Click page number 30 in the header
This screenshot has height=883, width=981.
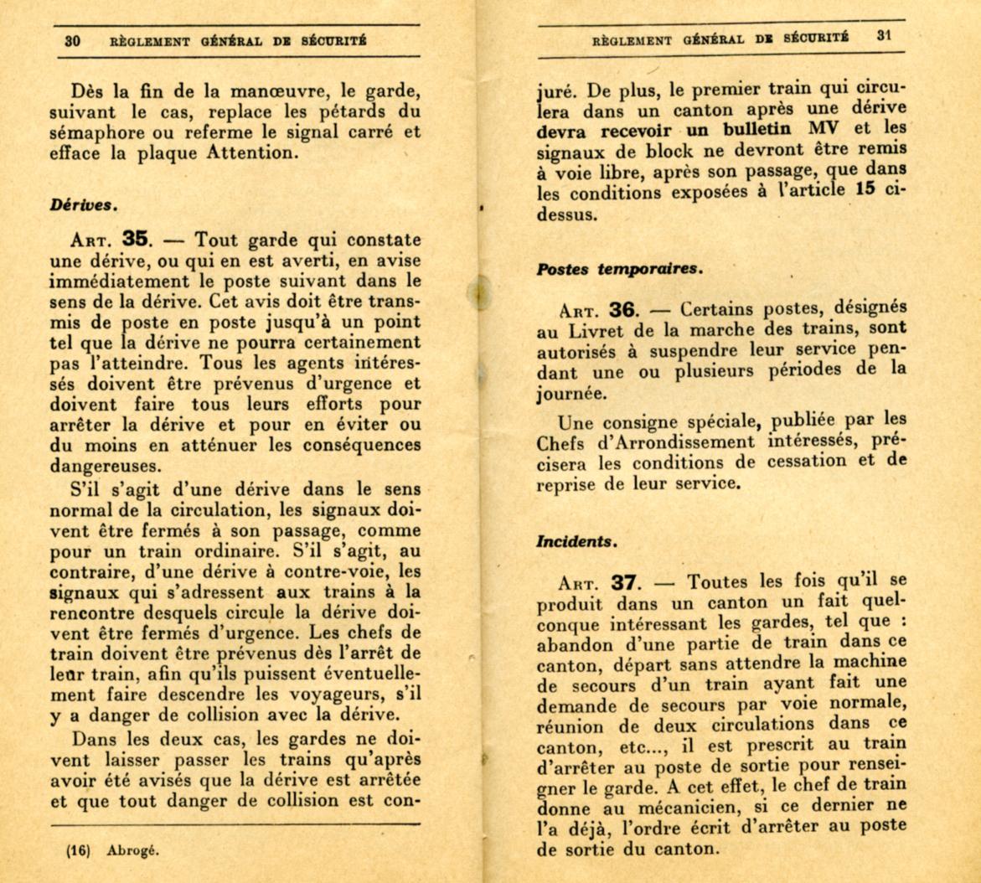point(72,41)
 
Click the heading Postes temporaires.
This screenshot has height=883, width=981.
point(618,269)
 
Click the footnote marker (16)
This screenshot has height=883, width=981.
point(78,849)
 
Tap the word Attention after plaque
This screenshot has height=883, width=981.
point(256,152)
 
